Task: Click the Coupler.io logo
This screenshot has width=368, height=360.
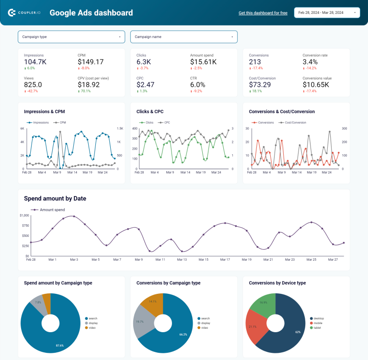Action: point(24,13)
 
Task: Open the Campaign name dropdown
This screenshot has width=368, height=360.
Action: point(184,37)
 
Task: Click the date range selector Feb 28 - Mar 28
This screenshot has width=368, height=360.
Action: point(327,13)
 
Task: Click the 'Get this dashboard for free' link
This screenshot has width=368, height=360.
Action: point(263,13)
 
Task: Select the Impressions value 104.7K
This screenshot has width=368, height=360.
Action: point(35,62)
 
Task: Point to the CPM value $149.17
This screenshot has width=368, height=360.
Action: point(91,62)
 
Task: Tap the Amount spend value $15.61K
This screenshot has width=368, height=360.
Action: point(203,62)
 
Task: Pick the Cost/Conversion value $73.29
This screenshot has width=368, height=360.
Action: point(263,85)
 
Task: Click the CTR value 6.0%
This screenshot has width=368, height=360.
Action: point(197,85)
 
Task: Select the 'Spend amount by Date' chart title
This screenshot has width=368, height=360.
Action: point(55,198)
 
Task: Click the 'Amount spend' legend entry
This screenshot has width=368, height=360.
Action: point(52,209)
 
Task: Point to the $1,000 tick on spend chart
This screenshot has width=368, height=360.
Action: point(24,216)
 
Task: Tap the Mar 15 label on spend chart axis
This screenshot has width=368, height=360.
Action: point(203,259)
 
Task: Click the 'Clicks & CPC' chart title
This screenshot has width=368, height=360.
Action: point(150,112)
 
